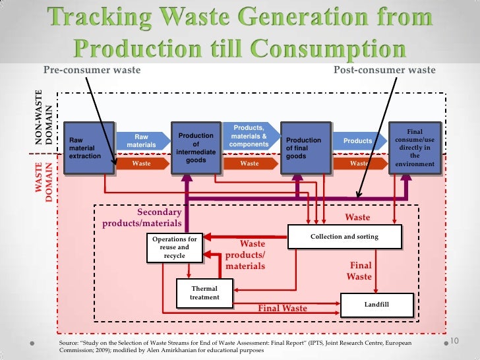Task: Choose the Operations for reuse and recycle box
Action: pyautogui.click(x=175, y=247)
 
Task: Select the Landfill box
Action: pyautogui.click(x=375, y=305)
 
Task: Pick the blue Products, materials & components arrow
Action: pyautogui.click(x=249, y=136)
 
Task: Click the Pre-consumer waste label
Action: pyautogui.click(x=92, y=71)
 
